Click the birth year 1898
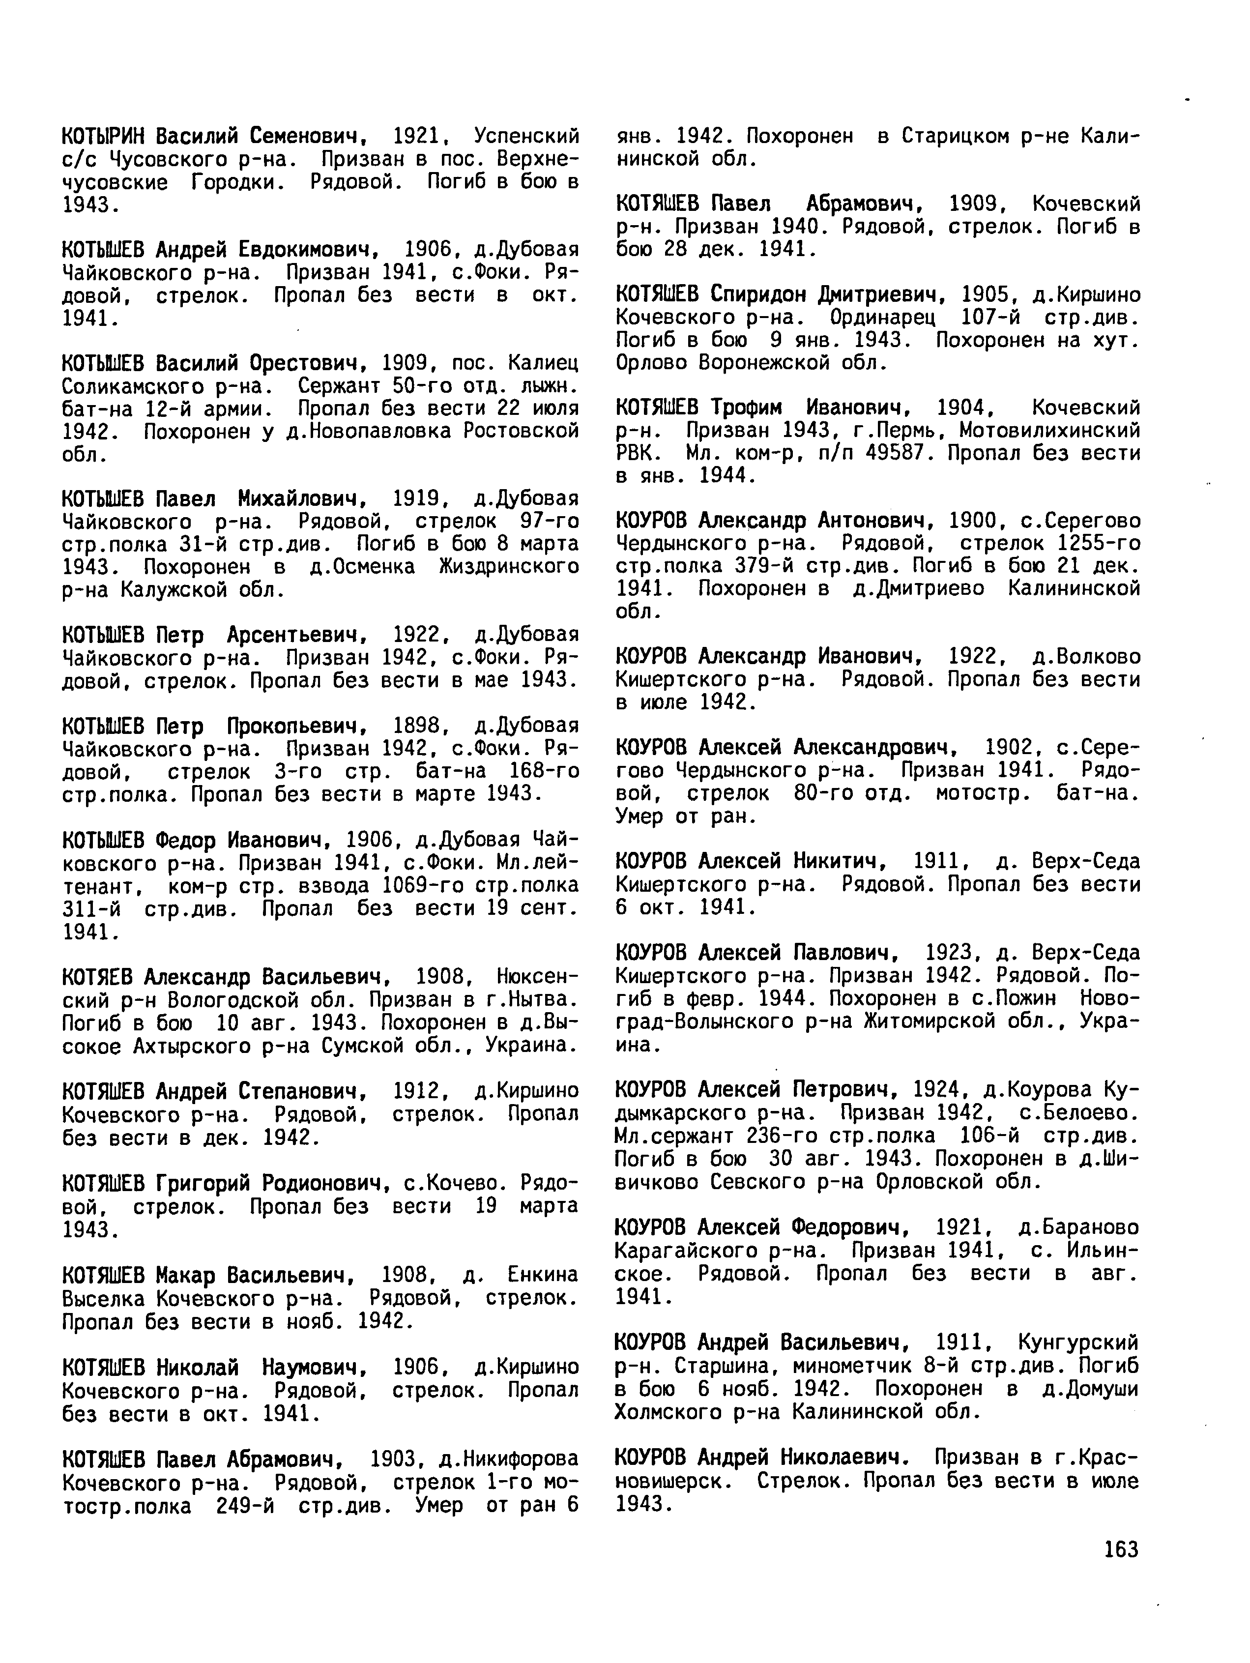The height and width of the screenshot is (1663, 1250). (x=416, y=726)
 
